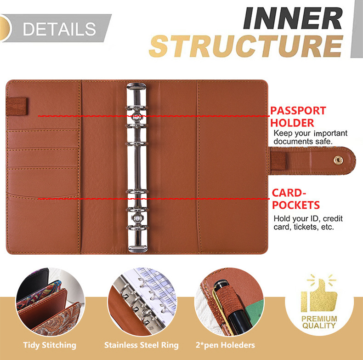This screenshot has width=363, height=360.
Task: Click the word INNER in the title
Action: pos(293,19)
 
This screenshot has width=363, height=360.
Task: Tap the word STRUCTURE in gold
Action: pos(246,46)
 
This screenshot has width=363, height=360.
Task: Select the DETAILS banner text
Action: pos(59,29)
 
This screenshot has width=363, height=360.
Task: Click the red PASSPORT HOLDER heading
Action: pos(298,117)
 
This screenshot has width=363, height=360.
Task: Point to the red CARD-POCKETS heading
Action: pos(295,199)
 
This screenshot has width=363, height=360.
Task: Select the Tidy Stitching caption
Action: pos(50,345)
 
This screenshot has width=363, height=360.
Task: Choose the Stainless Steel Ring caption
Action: pos(141,345)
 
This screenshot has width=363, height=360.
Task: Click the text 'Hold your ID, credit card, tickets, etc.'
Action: pos(308,223)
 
